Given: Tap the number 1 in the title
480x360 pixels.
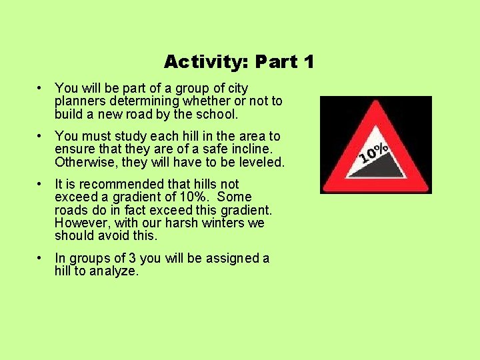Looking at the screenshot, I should pos(307,62).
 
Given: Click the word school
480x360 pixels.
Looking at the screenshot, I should pos(216,114).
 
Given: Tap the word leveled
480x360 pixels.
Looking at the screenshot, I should pos(259,162).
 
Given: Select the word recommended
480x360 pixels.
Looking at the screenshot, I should pos(112,184).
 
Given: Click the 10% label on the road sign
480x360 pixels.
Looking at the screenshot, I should pos(373,153).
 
